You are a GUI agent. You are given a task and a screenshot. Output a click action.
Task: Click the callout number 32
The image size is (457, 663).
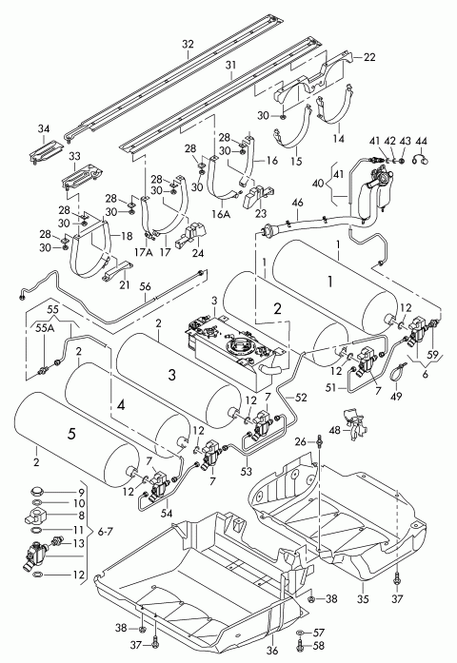pyautogui.click(x=188, y=44)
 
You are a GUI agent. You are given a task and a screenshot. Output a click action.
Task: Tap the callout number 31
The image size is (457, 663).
pyautogui.click(x=230, y=65)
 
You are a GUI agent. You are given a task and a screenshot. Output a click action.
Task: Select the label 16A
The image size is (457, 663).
pyautogui.click(x=221, y=214)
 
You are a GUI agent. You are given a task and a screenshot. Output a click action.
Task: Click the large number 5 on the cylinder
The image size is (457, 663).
pyautogui.click(x=72, y=434)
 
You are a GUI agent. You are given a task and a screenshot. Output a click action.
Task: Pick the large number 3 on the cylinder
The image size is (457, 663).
pyautogui.click(x=171, y=375)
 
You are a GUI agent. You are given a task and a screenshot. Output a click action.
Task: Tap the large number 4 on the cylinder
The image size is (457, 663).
pyautogui.click(x=121, y=405)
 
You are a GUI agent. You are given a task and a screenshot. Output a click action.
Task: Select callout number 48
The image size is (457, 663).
pyautogui.click(x=334, y=430)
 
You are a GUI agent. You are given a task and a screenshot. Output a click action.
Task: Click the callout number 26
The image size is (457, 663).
pyautogui.click(x=300, y=442)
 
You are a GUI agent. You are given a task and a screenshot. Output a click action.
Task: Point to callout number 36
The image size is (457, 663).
pyautogui.click(x=273, y=651)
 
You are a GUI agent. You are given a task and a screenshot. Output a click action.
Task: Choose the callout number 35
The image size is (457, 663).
pyautogui.click(x=363, y=599)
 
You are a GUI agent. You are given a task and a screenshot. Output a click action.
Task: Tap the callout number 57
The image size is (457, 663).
pyautogui.click(x=318, y=633)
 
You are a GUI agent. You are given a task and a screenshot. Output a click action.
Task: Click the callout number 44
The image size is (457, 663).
pyautogui.click(x=422, y=141)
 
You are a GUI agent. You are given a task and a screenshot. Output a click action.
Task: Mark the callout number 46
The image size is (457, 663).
pyautogui.click(x=297, y=203)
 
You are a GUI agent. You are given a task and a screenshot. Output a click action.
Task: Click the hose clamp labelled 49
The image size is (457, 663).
pyautogui.click(x=397, y=374)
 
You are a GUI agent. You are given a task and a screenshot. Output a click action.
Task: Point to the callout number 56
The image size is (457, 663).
pyautogui.click(x=145, y=286)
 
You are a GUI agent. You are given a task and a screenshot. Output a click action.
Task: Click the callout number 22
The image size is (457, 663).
pyautogui.click(x=369, y=57)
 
